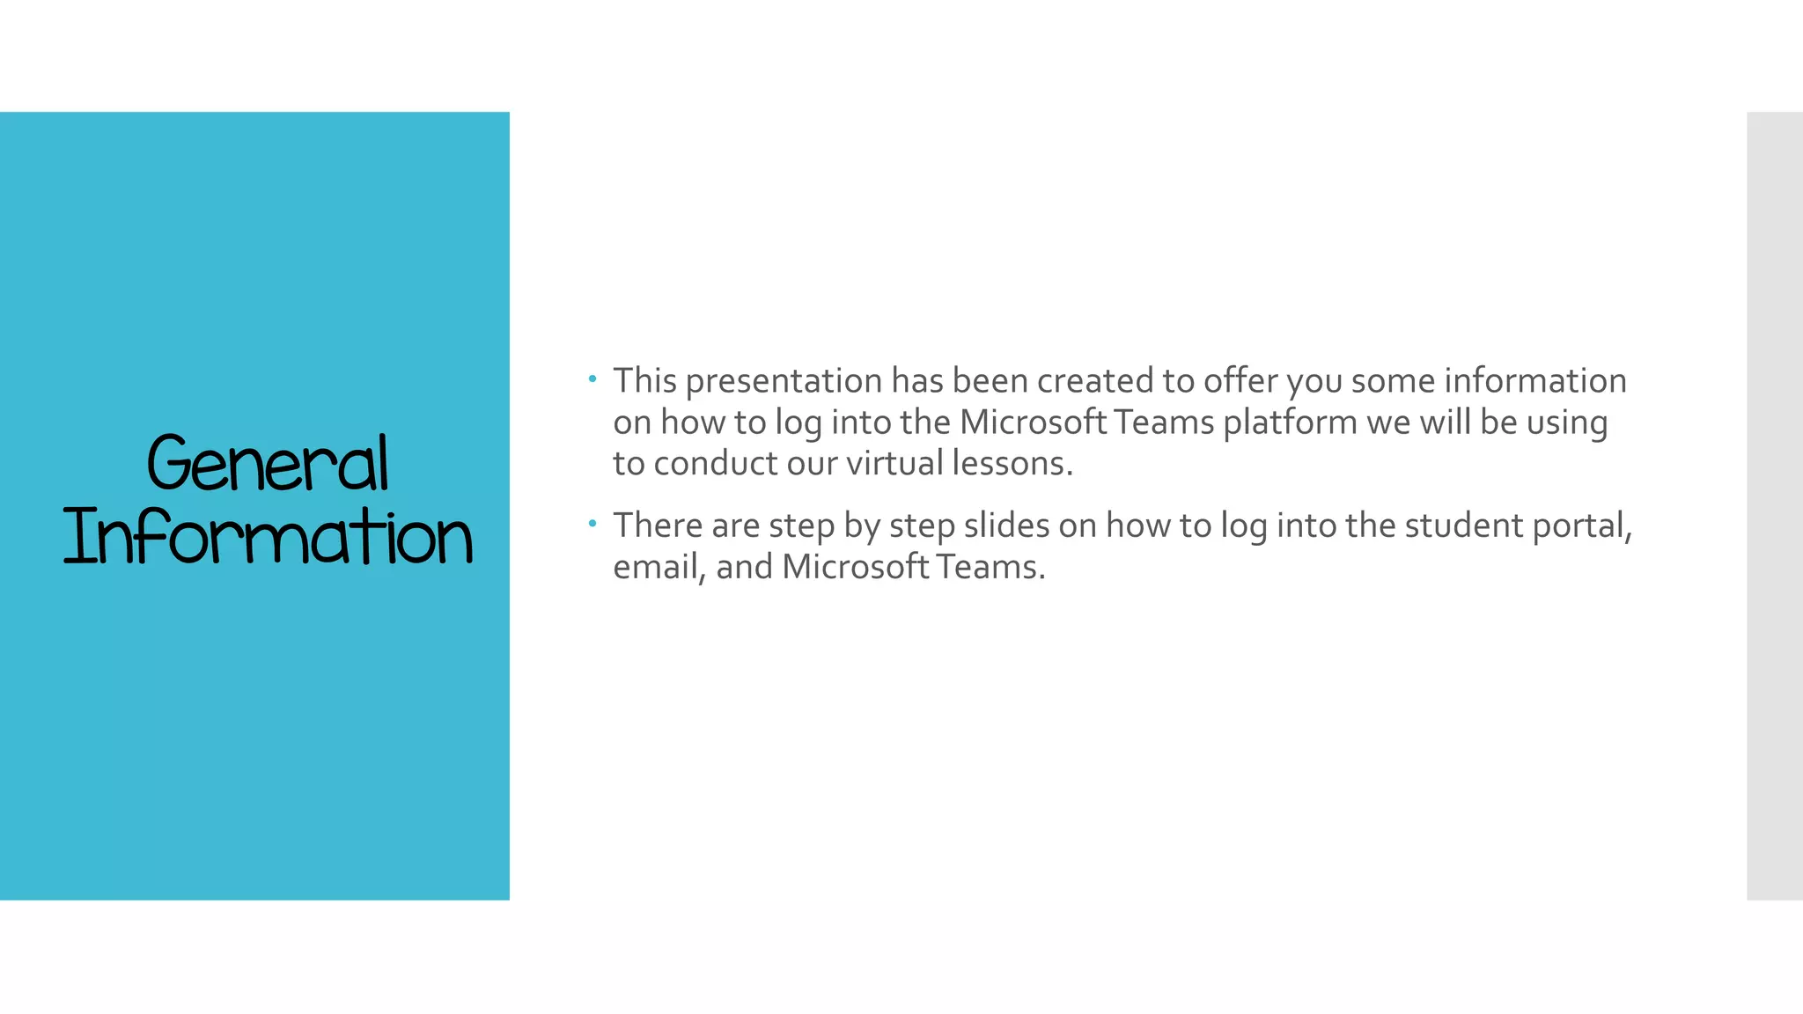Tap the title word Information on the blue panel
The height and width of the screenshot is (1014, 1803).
[x=268, y=537]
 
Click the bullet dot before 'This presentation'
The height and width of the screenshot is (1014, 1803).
[x=593, y=379]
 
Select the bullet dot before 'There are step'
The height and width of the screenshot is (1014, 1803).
[x=593, y=524]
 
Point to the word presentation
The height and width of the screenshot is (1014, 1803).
[x=784, y=382]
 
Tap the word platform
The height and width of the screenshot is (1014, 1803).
[x=1290, y=423]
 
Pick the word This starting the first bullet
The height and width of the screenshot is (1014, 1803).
[x=644, y=381]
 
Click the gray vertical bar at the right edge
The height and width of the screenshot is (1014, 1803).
[x=1774, y=505]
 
